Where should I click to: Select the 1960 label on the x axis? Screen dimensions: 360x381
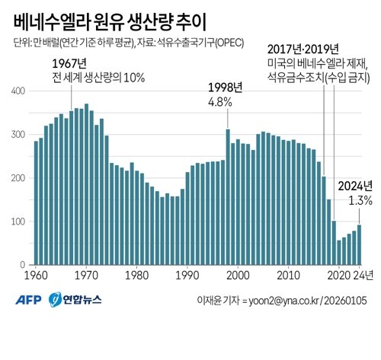click(x=35, y=275)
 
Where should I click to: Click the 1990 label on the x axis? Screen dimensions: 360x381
click(x=187, y=275)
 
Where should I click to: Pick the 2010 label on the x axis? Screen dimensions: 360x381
click(x=289, y=275)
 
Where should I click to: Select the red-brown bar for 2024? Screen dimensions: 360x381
click(x=359, y=244)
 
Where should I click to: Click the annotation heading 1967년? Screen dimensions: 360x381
click(x=72, y=62)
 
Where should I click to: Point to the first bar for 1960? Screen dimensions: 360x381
click(x=35, y=202)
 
